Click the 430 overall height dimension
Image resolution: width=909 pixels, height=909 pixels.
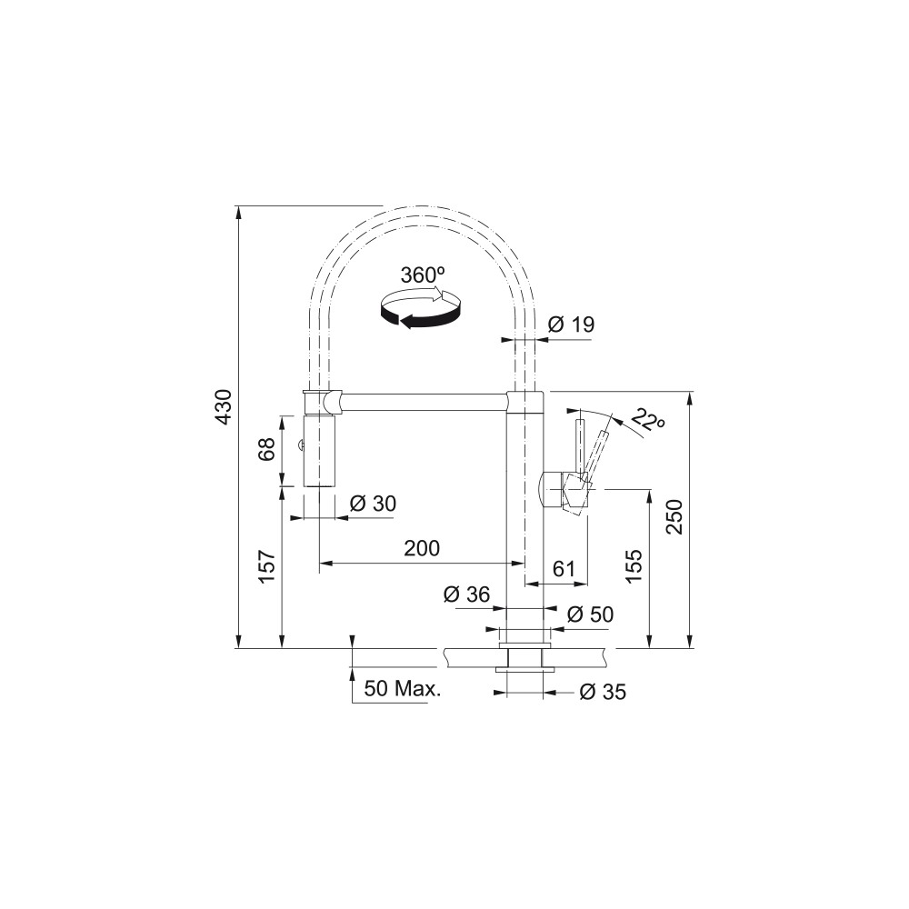[225, 406]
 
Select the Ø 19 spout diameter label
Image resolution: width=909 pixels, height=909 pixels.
[571, 325]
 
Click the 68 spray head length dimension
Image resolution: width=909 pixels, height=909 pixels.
[266, 449]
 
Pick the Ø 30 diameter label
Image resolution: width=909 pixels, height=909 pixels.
[374, 504]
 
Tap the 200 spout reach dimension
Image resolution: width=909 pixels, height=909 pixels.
[422, 548]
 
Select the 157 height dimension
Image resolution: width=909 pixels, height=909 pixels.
[266, 566]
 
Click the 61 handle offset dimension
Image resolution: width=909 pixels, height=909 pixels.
[564, 569]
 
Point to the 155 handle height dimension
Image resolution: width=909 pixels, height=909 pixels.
[634, 566]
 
